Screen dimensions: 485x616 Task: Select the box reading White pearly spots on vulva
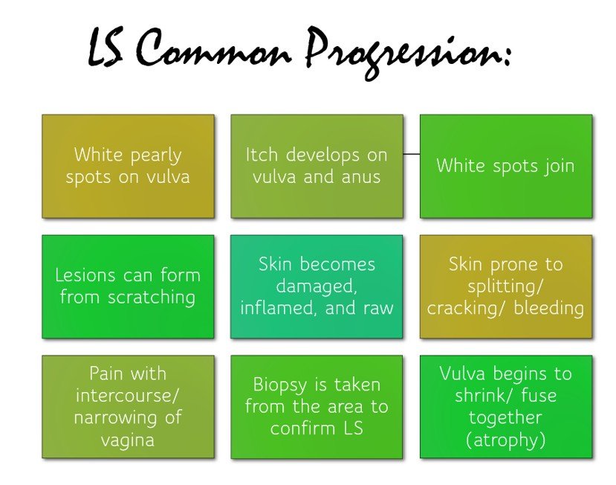128,166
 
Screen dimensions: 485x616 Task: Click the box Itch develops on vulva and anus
317,166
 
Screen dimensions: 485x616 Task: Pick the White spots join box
505,166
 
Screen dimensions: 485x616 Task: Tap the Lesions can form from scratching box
128,286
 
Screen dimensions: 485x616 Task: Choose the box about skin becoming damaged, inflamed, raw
317,286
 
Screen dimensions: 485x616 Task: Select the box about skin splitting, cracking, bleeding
505,286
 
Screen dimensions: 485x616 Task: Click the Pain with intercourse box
128,406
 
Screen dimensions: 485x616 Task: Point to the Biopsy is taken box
317,406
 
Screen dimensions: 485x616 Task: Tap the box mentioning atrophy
505,406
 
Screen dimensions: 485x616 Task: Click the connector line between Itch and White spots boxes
412,154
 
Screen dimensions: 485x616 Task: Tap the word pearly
155,155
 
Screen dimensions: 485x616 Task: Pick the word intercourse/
128,395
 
